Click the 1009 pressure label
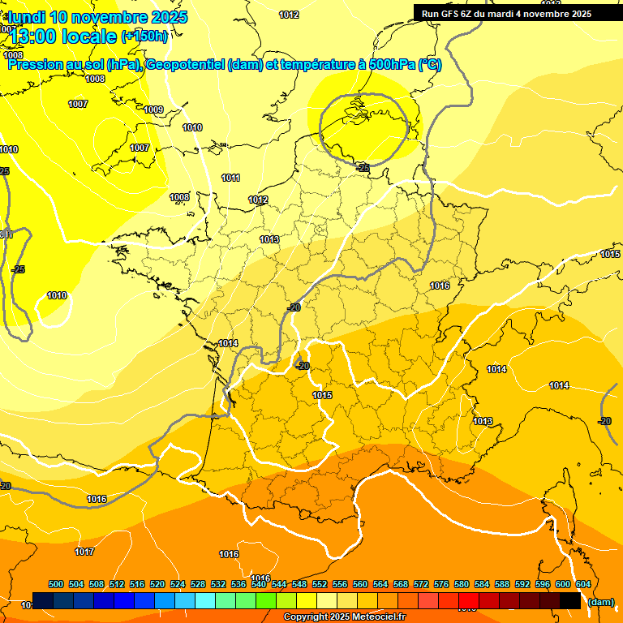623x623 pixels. (x=153, y=110)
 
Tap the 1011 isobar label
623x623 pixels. (x=231, y=178)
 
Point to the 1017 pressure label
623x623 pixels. (x=84, y=552)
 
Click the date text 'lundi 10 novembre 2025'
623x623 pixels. (x=97, y=17)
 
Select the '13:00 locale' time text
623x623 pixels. (x=63, y=36)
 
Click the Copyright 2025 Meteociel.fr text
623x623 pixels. (x=343, y=617)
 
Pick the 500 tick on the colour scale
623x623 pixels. (x=56, y=585)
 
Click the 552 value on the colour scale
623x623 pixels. (x=320, y=585)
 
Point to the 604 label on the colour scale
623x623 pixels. (x=583, y=585)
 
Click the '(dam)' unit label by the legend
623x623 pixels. (x=601, y=602)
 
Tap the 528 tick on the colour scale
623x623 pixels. (x=198, y=585)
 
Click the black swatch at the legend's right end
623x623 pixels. (x=570, y=601)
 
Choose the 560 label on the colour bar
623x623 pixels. (x=360, y=585)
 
